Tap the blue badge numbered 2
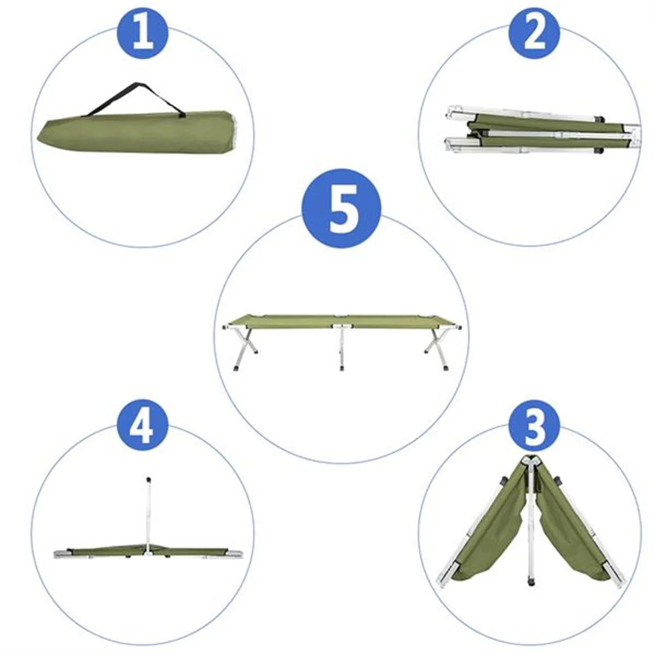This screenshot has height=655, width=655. click(534, 33)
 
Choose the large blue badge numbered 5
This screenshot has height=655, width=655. click(342, 209)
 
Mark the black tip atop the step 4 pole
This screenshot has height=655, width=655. click(148, 479)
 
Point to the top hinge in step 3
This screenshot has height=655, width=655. click(530, 460)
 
